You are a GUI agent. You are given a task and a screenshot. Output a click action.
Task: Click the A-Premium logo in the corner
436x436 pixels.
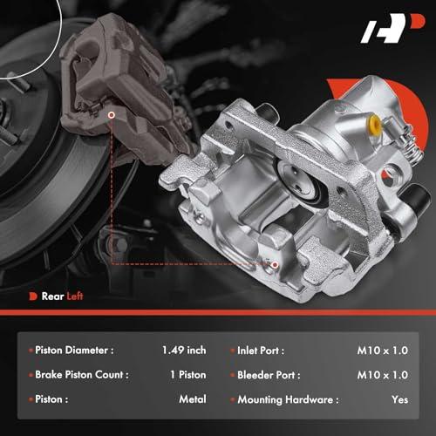pos(392,28)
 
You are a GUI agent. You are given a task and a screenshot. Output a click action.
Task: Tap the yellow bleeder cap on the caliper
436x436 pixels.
pos(375,123)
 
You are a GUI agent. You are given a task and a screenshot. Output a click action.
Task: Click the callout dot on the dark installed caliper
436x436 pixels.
pos(112,115)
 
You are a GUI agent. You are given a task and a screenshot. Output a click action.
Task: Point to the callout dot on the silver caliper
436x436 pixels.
pos(275,264)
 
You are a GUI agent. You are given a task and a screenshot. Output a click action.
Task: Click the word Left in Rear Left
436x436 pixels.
pos(75,296)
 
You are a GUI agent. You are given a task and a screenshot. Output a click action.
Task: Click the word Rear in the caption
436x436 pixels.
pos(52,296)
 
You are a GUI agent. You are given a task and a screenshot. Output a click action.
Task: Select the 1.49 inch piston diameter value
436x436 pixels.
pos(184,350)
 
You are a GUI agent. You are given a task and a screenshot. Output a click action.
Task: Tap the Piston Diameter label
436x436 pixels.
pos(74,350)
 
